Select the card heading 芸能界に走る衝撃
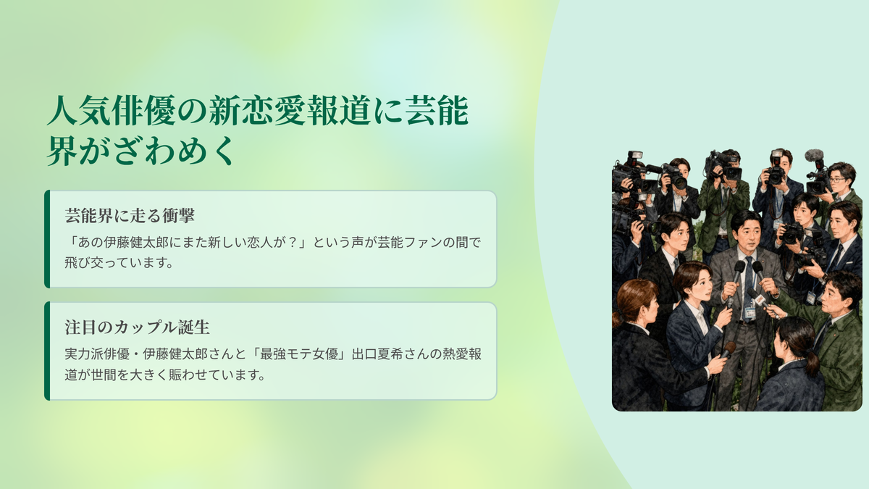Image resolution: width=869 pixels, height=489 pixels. [130, 216]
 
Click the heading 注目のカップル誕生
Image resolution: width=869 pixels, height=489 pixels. [138, 327]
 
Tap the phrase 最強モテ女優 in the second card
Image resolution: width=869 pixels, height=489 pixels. [299, 354]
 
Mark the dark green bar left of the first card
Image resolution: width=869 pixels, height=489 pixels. [47, 239]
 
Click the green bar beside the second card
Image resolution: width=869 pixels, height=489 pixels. [47, 351]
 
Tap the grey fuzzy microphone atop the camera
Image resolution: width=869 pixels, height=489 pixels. [814, 155]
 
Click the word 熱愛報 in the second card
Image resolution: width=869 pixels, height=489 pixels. [462, 354]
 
